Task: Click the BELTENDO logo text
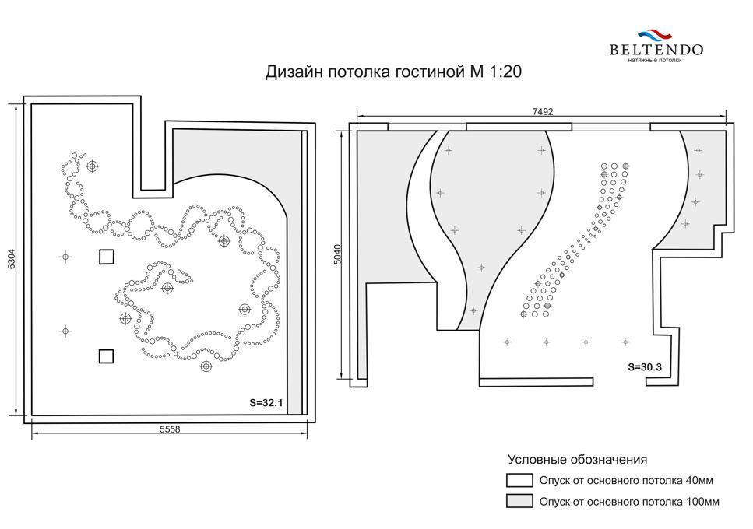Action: pyautogui.click(x=656, y=49)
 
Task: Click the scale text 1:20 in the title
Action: pyautogui.click(x=505, y=72)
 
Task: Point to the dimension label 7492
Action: pyautogui.click(x=543, y=111)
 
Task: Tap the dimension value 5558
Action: pyautogui.click(x=170, y=429)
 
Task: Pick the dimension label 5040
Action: pyautogui.click(x=337, y=254)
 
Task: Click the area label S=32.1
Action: pyautogui.click(x=266, y=402)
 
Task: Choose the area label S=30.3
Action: pyautogui.click(x=645, y=367)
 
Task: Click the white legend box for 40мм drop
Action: pyautogui.click(x=519, y=480)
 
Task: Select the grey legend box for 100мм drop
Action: pyautogui.click(x=519, y=501)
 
